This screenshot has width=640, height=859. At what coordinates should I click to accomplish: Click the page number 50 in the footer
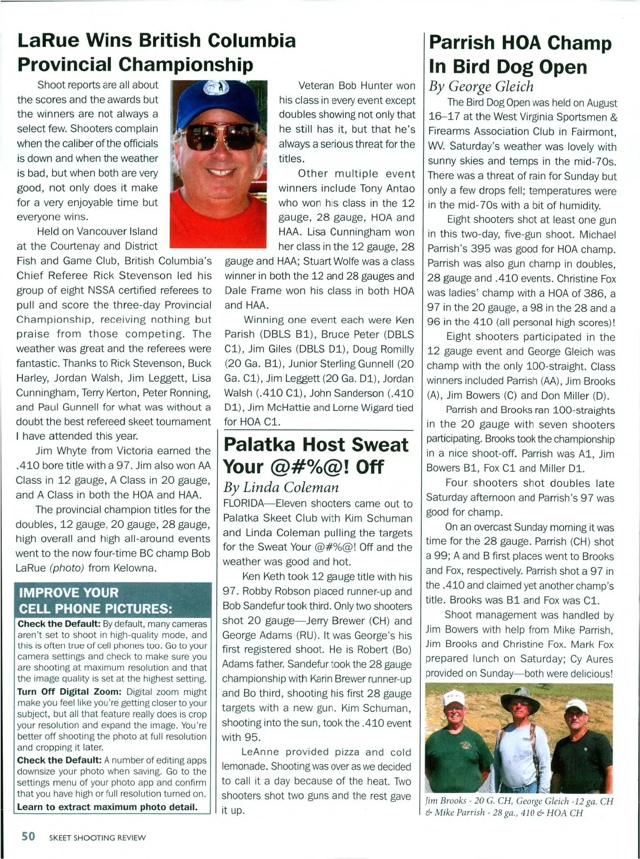(x=28, y=836)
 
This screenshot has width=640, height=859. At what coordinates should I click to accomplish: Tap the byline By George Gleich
(x=481, y=86)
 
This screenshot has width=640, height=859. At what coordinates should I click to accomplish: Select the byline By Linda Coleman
(x=281, y=487)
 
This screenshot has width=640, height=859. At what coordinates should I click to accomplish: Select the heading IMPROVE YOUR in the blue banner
(x=69, y=593)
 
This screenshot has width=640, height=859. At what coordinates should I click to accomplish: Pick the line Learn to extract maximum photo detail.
(x=107, y=807)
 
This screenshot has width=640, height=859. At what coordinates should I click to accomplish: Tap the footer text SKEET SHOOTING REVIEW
(x=97, y=838)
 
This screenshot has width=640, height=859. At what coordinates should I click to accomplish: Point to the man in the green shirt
(x=454, y=747)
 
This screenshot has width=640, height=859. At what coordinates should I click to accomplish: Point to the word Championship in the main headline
(x=185, y=64)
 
